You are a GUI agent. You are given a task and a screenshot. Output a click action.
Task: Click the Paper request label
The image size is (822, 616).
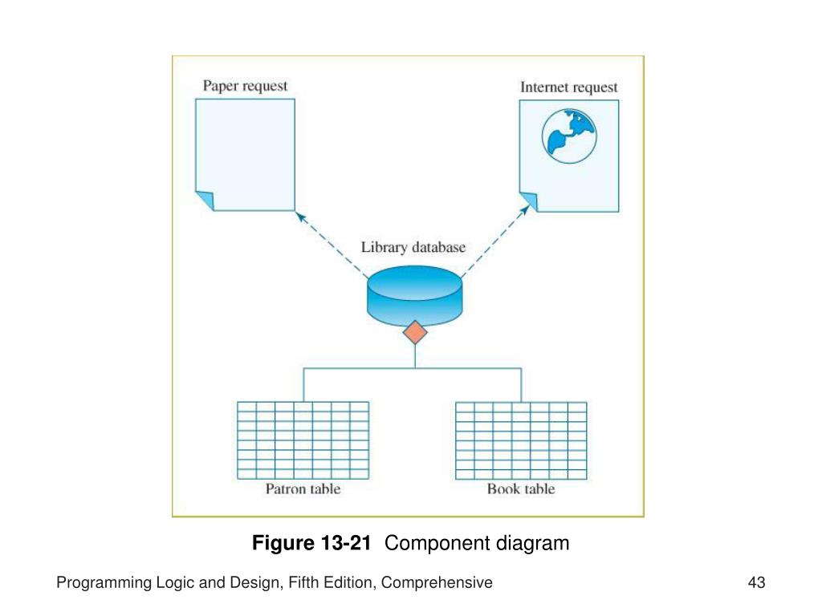pyautogui.click(x=245, y=86)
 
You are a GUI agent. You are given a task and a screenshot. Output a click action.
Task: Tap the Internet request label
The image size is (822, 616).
pyautogui.click(x=569, y=87)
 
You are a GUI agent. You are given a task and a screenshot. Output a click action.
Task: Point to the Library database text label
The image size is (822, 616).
pyautogui.click(x=413, y=248)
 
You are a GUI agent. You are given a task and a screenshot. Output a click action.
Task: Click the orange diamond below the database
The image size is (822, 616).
pyautogui.click(x=415, y=332)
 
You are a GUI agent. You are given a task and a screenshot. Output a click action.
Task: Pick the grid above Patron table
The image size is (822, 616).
pyautogui.click(x=303, y=439)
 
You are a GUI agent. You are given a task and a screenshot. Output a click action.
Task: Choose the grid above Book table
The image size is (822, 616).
pyautogui.click(x=521, y=439)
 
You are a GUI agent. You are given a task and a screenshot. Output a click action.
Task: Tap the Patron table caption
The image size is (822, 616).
pyautogui.click(x=303, y=488)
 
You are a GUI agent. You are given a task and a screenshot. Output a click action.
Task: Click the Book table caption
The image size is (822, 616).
pyautogui.click(x=521, y=488)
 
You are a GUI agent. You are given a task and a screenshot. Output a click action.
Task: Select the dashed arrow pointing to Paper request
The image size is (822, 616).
pyautogui.click(x=331, y=243)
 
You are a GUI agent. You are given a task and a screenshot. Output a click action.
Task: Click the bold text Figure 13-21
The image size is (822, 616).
pyautogui.click(x=311, y=543)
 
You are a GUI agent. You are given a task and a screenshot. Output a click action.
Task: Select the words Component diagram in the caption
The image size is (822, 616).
pyautogui.click(x=477, y=543)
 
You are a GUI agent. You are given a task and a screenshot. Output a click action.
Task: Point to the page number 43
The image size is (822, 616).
pyautogui.click(x=756, y=583)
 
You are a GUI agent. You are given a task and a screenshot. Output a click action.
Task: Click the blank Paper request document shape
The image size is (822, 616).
pyautogui.click(x=246, y=148)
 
